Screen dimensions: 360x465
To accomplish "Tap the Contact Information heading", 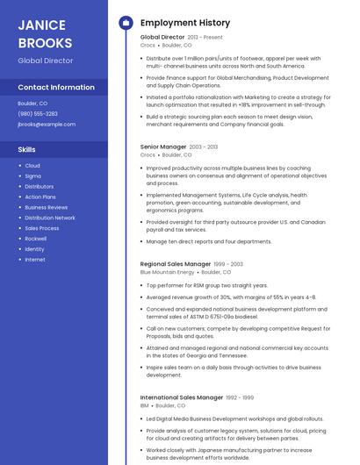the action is point(56,87).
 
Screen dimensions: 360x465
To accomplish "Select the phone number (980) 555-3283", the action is point(38,113).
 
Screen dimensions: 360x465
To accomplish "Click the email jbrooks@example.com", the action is point(47,124).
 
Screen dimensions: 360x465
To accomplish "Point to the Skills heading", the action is point(26,149).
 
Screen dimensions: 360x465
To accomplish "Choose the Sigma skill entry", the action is point(32,175).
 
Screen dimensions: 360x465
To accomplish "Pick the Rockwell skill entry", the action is point(36,239).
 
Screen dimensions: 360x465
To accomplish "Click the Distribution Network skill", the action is point(50,218).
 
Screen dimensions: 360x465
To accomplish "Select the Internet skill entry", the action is point(35,260).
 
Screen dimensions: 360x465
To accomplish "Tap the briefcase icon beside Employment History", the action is point(126,23).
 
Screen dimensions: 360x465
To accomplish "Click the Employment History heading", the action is point(185,23).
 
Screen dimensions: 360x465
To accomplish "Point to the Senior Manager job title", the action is point(163,147).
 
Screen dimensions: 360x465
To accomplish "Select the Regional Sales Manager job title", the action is point(176,264).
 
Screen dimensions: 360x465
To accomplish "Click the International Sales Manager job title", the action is point(181,397).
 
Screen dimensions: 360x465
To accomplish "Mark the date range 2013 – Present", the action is point(205,38).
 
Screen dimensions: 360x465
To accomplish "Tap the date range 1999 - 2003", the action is point(228,264).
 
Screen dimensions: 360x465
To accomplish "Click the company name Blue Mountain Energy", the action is point(168,273).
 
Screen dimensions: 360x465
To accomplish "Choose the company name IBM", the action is point(145,406).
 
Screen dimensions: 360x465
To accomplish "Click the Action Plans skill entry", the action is point(40,197).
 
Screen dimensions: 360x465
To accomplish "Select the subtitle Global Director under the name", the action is point(46,61).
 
